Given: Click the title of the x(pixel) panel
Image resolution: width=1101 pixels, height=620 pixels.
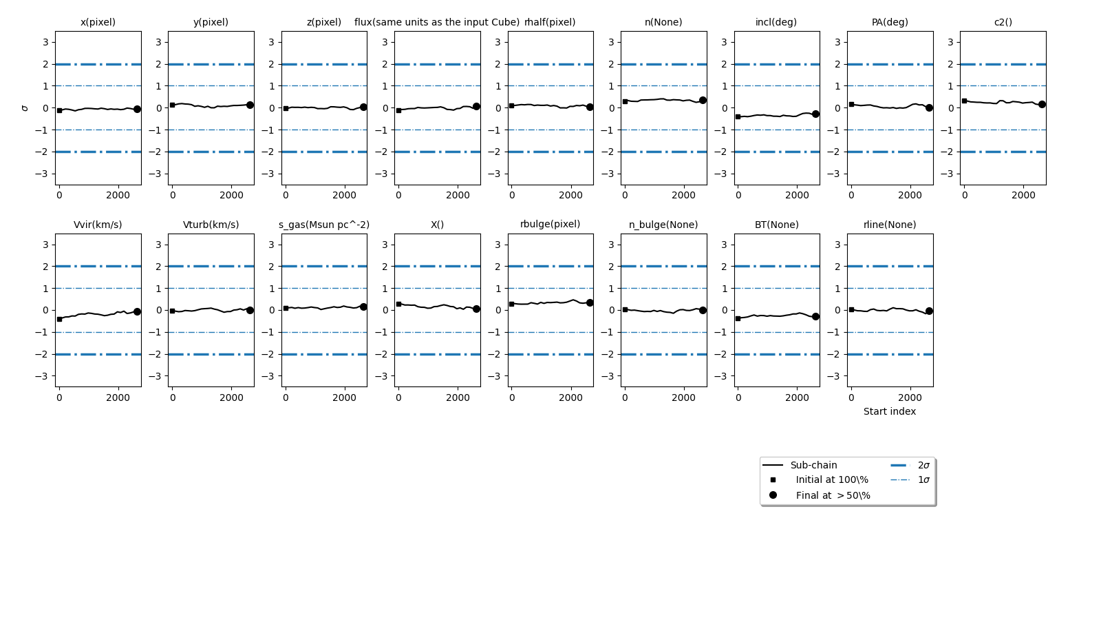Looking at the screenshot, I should pyautogui.click(x=98, y=22).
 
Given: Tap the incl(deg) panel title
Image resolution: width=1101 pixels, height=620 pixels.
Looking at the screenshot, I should pyautogui.click(x=776, y=22).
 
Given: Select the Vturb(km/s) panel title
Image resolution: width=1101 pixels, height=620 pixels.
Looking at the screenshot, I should pyautogui.click(x=211, y=225).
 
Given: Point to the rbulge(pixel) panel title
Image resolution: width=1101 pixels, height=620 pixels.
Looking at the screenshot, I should pyautogui.click(x=550, y=224).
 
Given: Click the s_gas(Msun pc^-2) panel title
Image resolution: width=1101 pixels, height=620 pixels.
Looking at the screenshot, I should pyautogui.click(x=324, y=225).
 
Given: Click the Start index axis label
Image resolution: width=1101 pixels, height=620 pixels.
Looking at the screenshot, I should pyautogui.click(x=890, y=411).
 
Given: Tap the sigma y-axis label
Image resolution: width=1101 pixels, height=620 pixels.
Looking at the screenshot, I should pyautogui.click(x=25, y=108).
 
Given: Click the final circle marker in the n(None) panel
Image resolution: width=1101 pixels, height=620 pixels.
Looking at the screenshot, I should pyautogui.click(x=703, y=101).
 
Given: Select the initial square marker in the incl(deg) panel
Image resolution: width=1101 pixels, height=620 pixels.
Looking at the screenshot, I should pyautogui.click(x=738, y=116).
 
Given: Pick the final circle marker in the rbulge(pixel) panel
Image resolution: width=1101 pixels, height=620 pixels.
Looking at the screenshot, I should pyautogui.click(x=590, y=302).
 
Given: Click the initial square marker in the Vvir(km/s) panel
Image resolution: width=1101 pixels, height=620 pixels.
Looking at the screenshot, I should pyautogui.click(x=59, y=319).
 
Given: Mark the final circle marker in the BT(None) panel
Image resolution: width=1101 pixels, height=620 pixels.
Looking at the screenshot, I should pyautogui.click(x=815, y=316).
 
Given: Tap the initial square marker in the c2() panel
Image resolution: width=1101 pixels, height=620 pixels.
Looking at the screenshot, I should pyautogui.click(x=964, y=101).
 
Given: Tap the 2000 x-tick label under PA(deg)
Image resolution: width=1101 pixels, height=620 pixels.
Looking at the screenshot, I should pyautogui.click(x=910, y=195).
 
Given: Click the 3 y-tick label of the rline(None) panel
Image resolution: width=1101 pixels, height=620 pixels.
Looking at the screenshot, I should pyautogui.click(x=837, y=245).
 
